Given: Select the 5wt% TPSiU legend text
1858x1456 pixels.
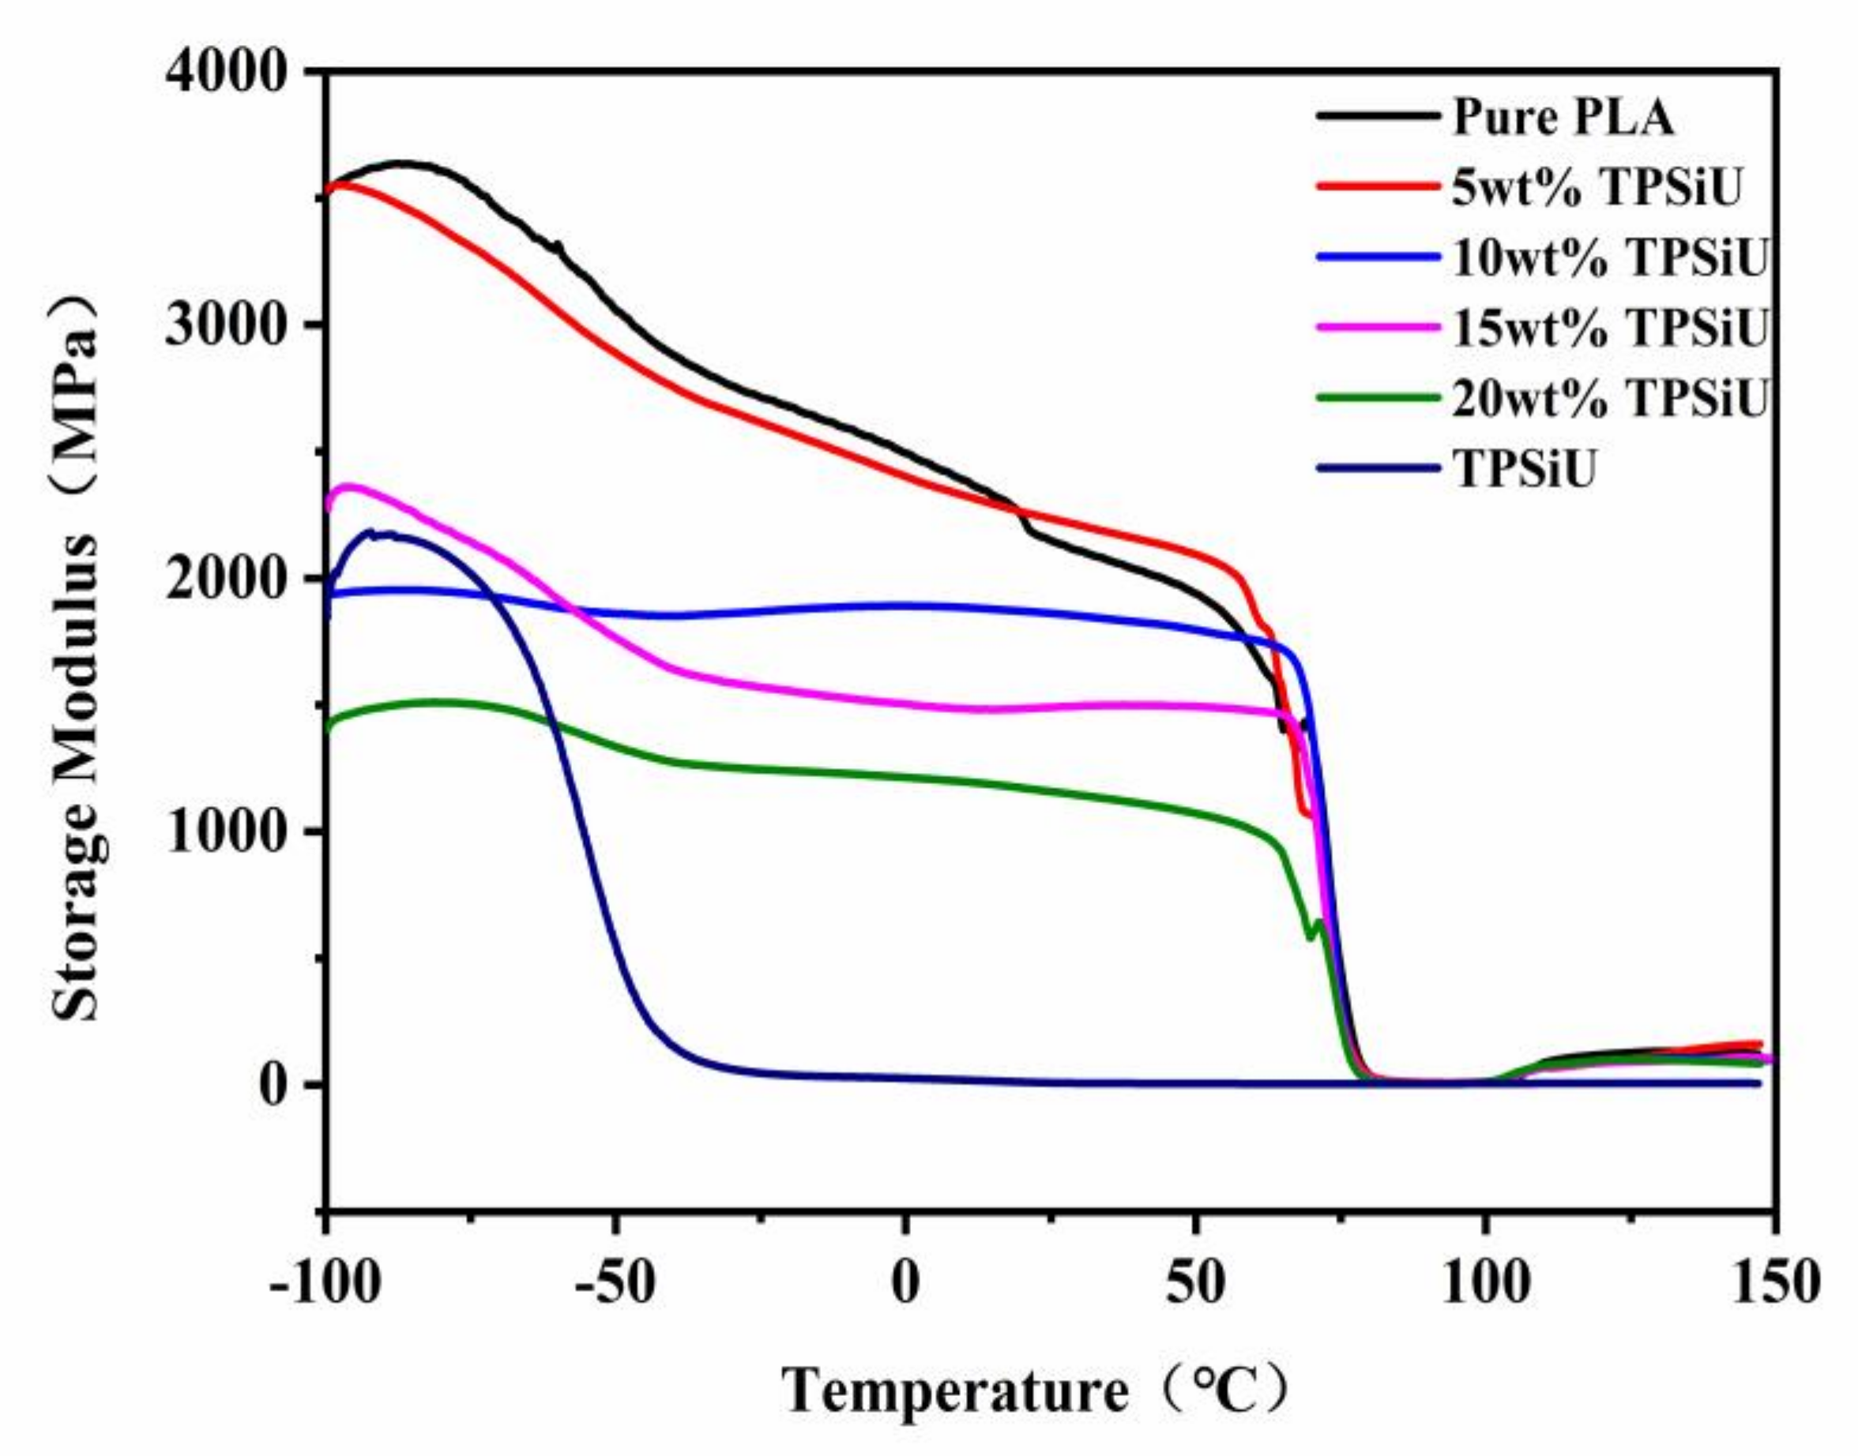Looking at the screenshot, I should (1594, 189).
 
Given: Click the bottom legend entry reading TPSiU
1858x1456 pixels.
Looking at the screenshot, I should (1523, 468).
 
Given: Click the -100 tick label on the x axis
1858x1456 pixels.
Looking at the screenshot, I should (324, 1285).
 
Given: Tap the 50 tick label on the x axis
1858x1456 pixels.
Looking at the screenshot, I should (1194, 1285).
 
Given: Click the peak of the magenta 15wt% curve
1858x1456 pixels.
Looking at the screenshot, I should (348, 486).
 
